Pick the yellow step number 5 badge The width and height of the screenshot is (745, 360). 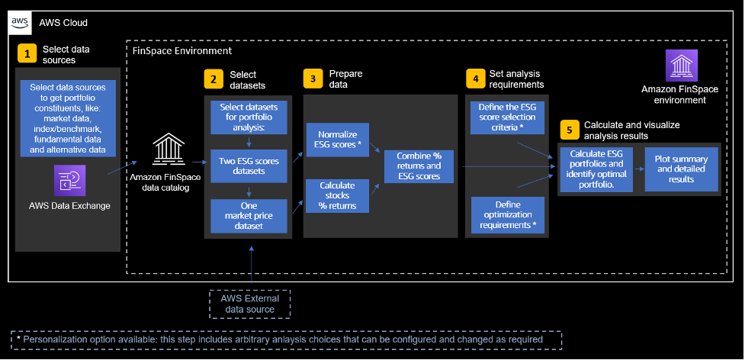tap(569, 130)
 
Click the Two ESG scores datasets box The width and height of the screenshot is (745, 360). tap(249, 166)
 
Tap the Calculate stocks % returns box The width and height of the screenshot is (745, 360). tap(337, 195)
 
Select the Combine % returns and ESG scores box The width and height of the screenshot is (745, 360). tap(419, 166)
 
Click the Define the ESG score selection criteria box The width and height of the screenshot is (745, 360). tap(506, 116)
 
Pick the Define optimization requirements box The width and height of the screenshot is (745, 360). tap(506, 215)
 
